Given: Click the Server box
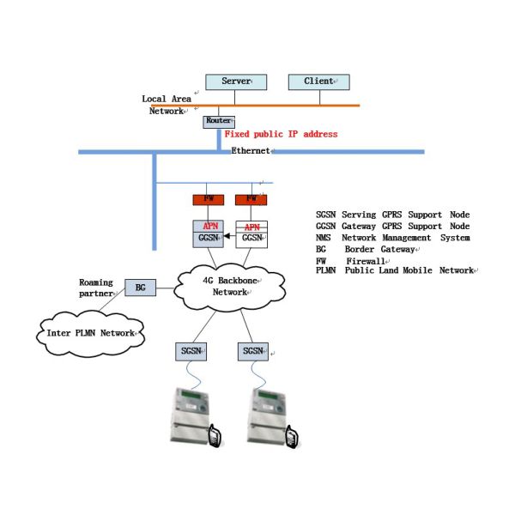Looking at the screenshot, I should (x=236, y=82).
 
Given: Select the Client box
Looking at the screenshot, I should (x=319, y=82).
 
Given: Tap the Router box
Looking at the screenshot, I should (x=218, y=121).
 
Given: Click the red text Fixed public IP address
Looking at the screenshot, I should (x=281, y=135).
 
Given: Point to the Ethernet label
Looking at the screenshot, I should (x=250, y=151).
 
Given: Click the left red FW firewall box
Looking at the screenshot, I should (x=208, y=200).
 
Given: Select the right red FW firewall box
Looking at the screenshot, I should (x=251, y=200).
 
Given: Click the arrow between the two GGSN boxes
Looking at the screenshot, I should (x=229, y=236).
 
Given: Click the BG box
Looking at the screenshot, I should (x=140, y=288).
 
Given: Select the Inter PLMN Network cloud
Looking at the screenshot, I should (x=90, y=332).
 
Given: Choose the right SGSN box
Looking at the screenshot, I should (x=252, y=352).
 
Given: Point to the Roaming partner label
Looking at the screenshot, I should (x=95, y=288).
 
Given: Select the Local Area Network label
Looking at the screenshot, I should (x=167, y=105).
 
